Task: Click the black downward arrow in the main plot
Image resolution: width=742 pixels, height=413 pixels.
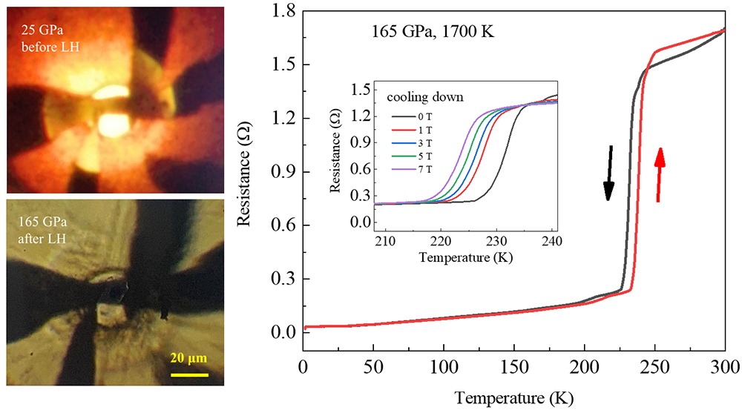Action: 608,173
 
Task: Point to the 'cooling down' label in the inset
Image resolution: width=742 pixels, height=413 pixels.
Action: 424,97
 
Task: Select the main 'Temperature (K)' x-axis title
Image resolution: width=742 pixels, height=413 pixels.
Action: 513,397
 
